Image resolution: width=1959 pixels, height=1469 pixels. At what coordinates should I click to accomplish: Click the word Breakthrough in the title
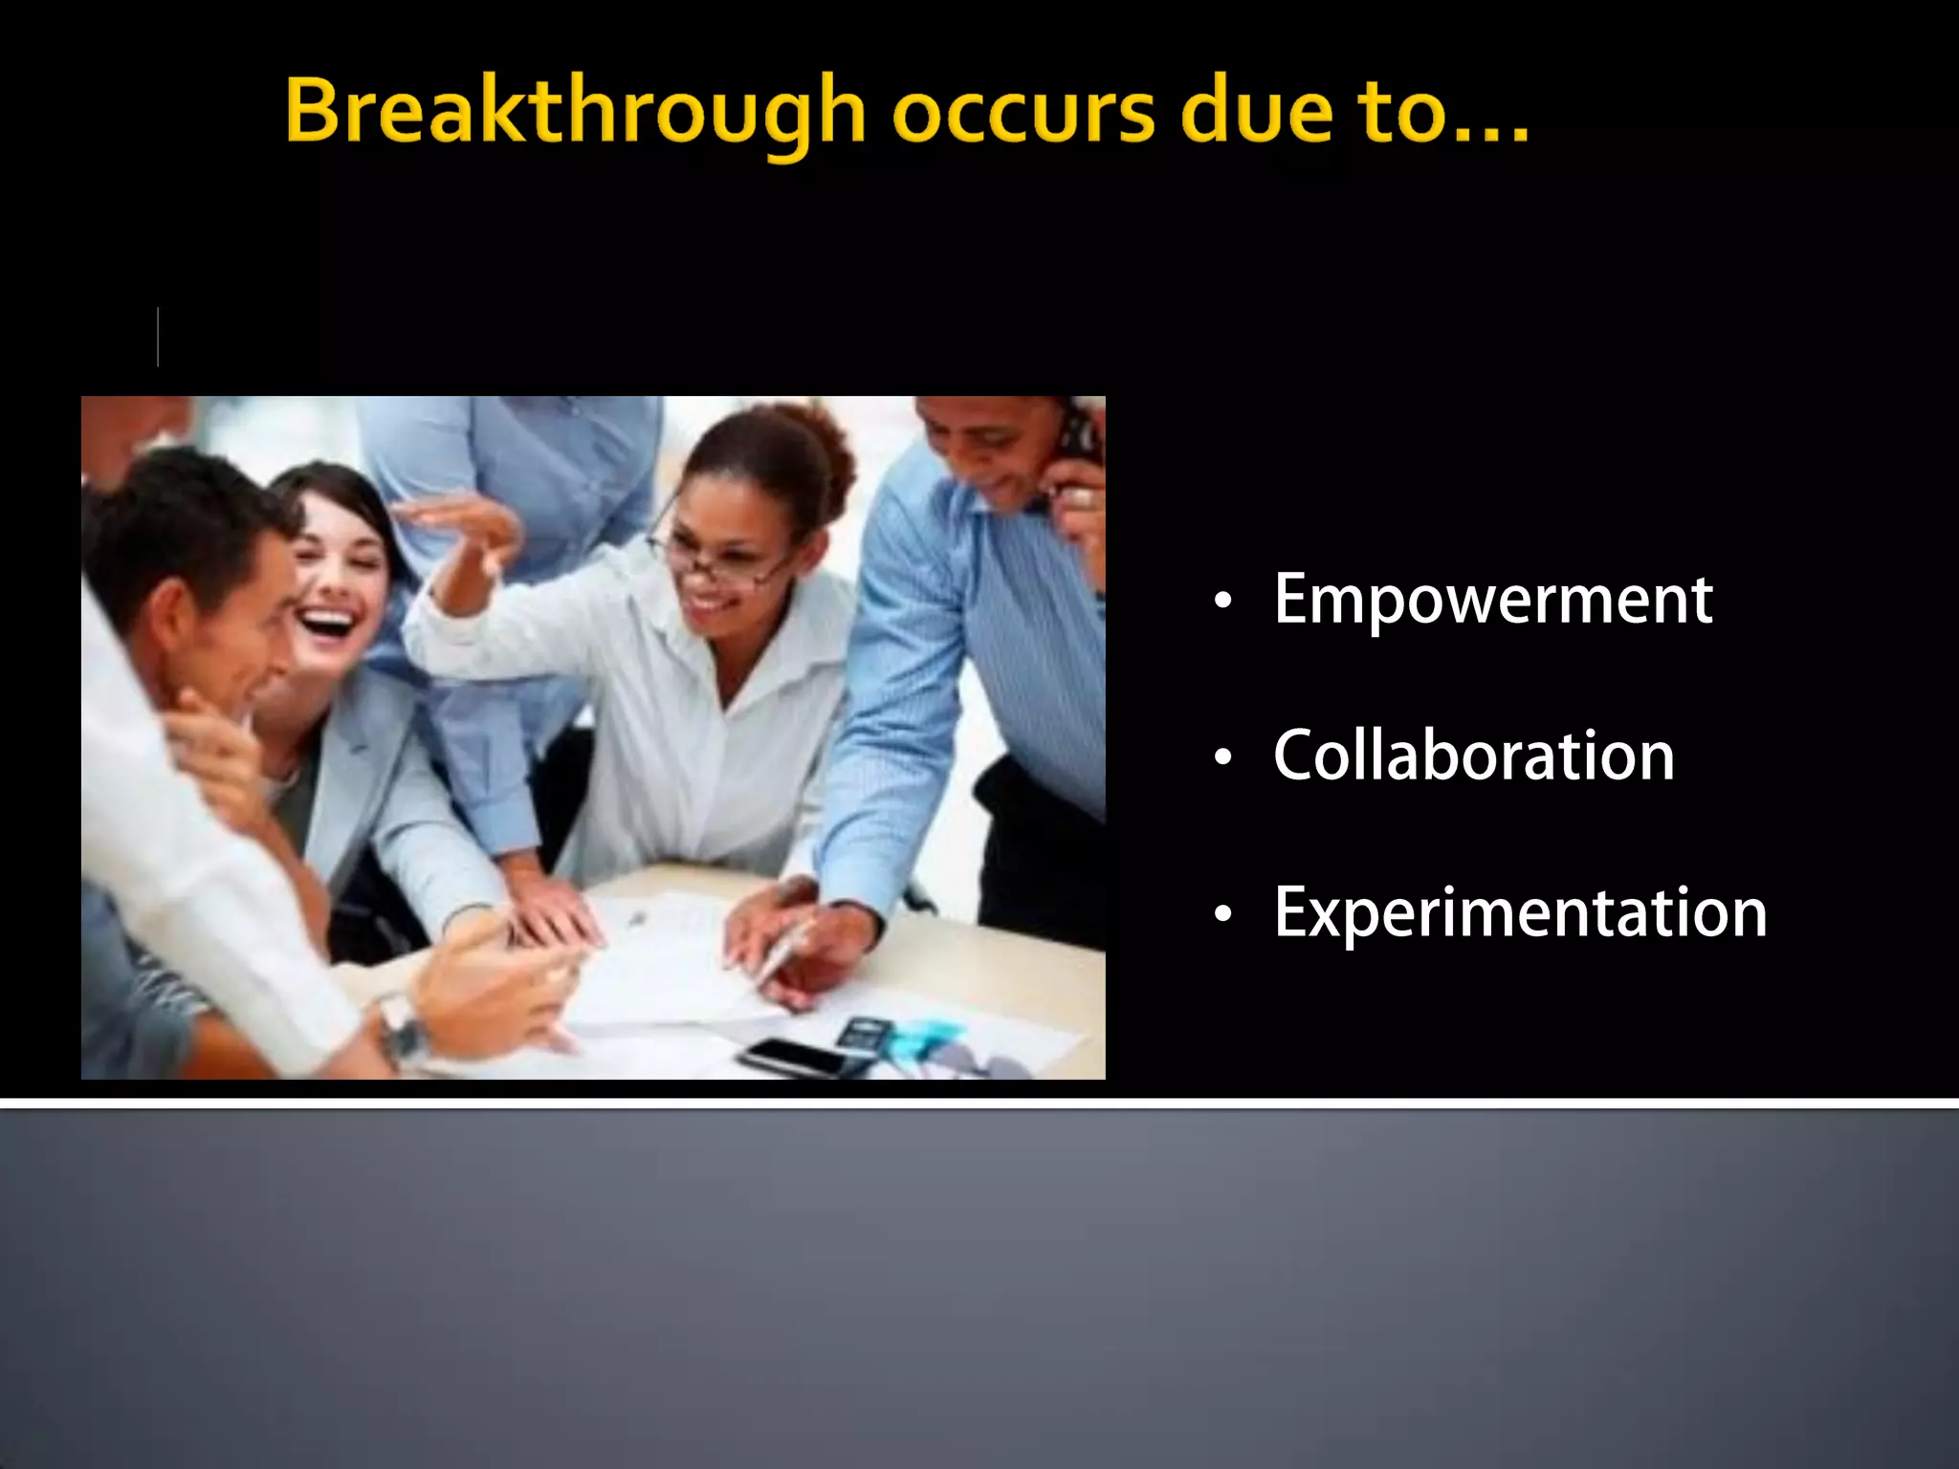pyautogui.click(x=575, y=113)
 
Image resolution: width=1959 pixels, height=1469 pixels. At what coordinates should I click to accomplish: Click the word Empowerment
pyautogui.click(x=1492, y=601)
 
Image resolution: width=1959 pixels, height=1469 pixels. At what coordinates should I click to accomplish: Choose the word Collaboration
pyautogui.click(x=1473, y=756)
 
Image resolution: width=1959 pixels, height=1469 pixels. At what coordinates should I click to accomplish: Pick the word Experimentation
pyautogui.click(x=1519, y=912)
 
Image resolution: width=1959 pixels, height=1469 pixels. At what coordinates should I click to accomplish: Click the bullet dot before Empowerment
pyautogui.click(x=1222, y=603)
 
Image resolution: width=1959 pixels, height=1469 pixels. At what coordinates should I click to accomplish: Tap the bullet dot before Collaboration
pyautogui.click(x=1222, y=758)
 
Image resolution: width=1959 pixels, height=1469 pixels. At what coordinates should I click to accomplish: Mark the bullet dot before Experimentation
pyautogui.click(x=1222, y=915)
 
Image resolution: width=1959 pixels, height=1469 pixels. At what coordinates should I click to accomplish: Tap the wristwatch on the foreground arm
pyautogui.click(x=402, y=1028)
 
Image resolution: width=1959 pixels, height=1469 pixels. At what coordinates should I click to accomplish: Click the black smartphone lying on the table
pyautogui.click(x=794, y=1056)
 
